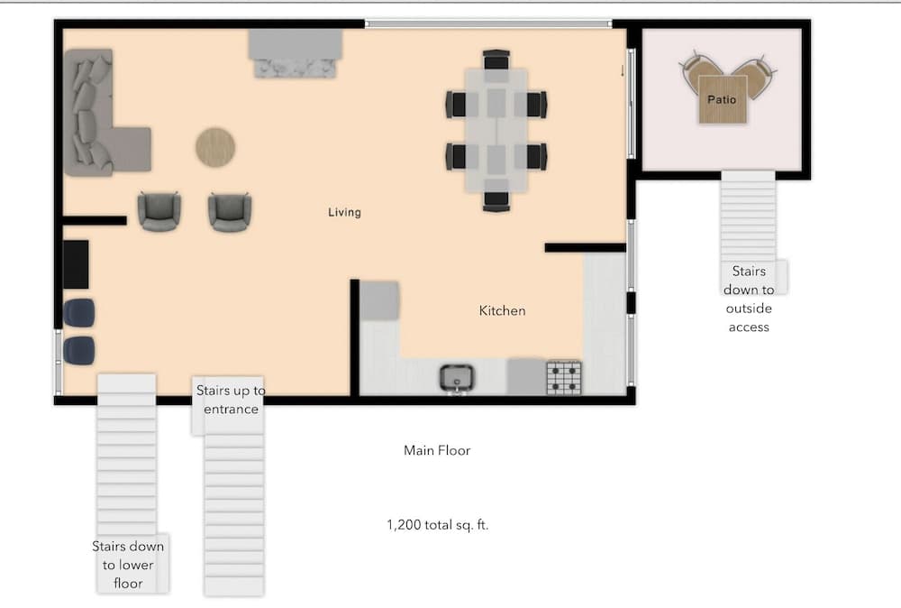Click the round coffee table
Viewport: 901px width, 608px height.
(x=216, y=146)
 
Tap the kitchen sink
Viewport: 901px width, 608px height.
(x=457, y=378)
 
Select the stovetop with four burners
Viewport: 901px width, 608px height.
(x=565, y=377)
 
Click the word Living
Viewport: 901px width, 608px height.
(x=344, y=213)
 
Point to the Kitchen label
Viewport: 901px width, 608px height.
(x=502, y=310)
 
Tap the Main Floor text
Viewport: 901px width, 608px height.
(x=437, y=450)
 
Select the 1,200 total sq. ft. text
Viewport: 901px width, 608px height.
(x=438, y=524)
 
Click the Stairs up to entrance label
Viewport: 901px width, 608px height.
(x=231, y=400)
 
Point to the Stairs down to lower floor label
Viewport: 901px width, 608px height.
(x=128, y=565)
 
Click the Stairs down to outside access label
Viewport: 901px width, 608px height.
(x=749, y=299)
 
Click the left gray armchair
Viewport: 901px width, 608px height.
(x=159, y=212)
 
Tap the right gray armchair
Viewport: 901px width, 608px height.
(x=230, y=212)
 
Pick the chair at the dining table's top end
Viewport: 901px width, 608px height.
(x=496, y=60)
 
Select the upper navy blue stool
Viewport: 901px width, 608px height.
(x=78, y=312)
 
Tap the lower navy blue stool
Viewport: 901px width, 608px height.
(x=78, y=350)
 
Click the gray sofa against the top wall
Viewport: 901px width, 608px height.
(x=297, y=53)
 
